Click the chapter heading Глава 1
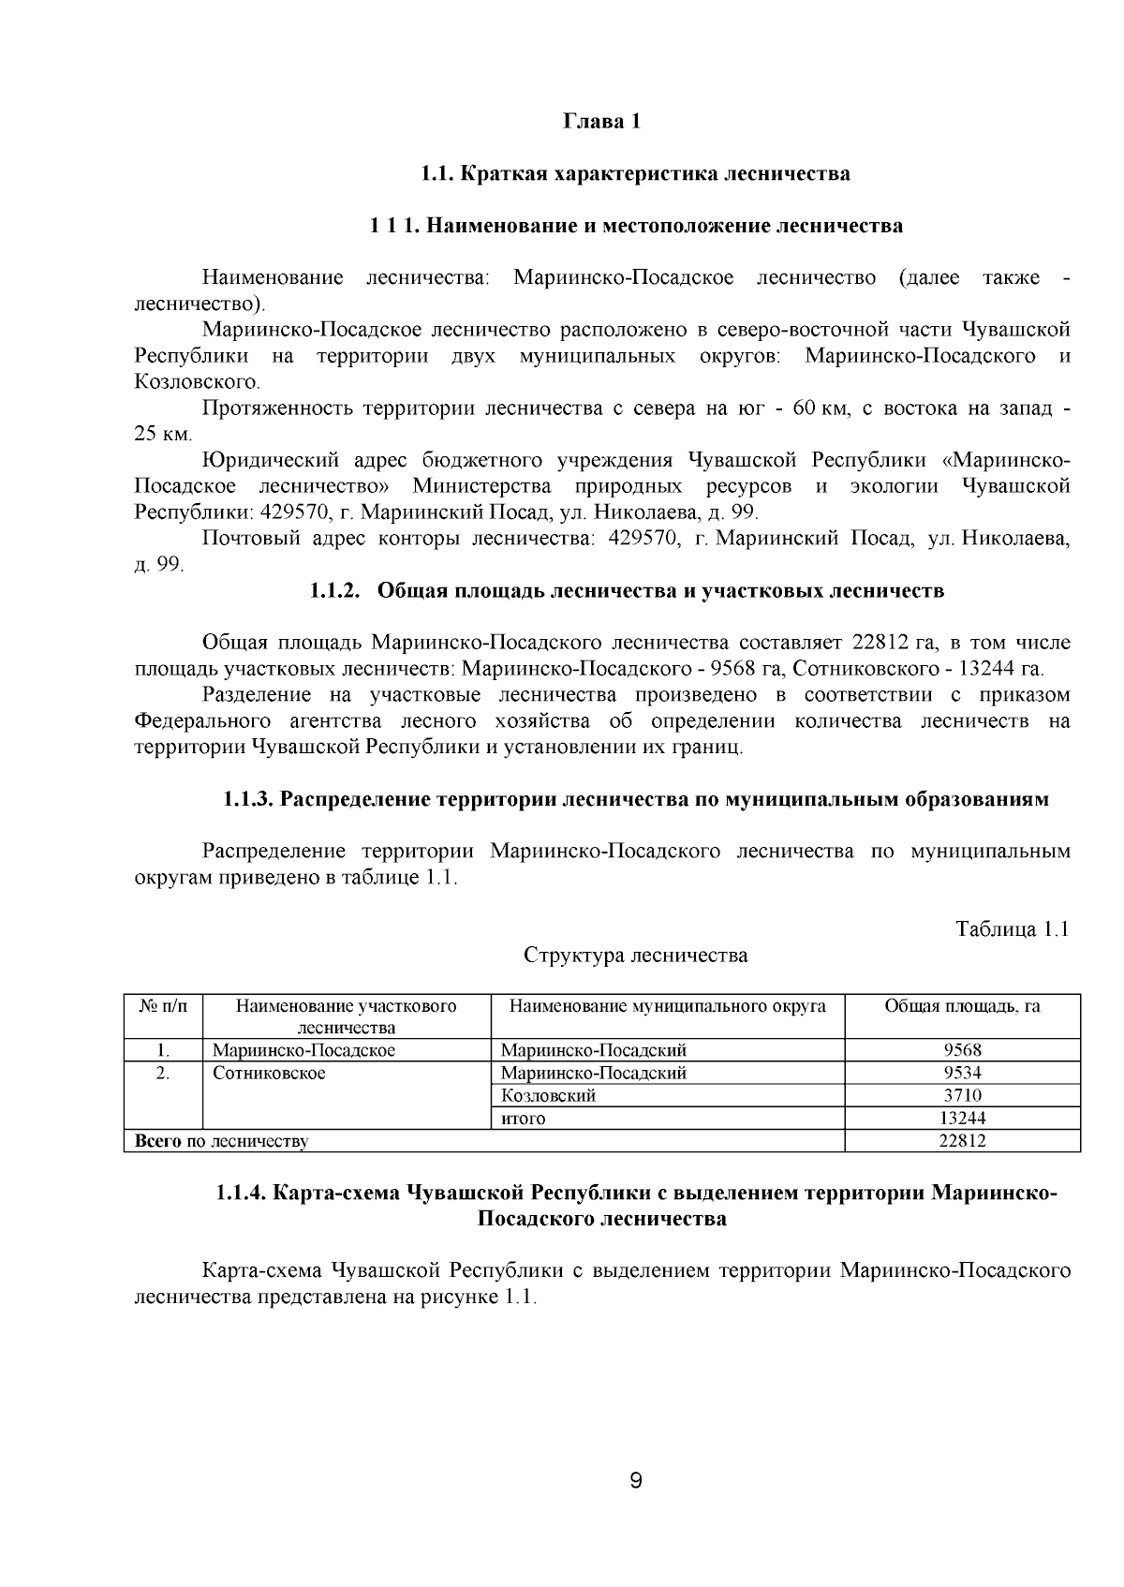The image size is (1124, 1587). [x=602, y=122]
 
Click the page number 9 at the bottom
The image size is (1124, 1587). [x=636, y=1481]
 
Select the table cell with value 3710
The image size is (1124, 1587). [x=962, y=1095]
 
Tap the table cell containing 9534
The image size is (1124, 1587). [x=962, y=1073]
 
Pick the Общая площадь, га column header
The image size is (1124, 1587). [x=962, y=1006]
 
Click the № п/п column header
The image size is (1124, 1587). [x=163, y=1006]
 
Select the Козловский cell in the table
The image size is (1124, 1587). [x=549, y=1095]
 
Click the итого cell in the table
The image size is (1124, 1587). [x=524, y=1119]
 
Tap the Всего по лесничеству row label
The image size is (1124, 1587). [x=222, y=1141]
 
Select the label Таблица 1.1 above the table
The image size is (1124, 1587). [x=1012, y=928]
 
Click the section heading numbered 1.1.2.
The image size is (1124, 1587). [x=627, y=591]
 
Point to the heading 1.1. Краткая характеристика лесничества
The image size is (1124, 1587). [x=635, y=174]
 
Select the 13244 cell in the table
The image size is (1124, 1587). [x=962, y=1119]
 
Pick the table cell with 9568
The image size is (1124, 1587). [x=962, y=1050]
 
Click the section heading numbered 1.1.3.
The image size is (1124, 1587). [x=635, y=799]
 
